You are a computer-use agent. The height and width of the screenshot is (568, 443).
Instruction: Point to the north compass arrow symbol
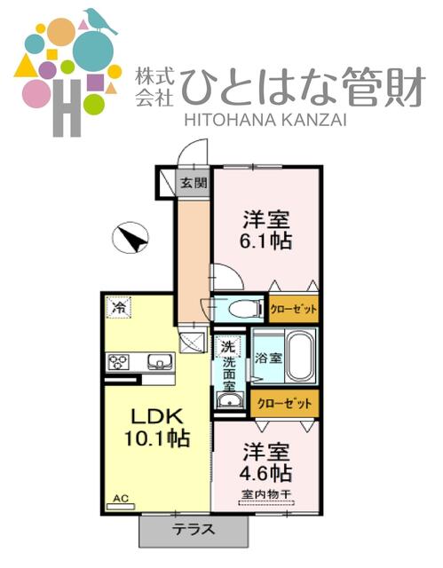pos(131,238)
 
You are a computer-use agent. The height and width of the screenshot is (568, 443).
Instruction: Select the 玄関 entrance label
pos(193,184)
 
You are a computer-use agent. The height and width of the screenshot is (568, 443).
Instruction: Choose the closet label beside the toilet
pos(292,309)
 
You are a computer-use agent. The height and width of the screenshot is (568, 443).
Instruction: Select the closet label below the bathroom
pos(284,403)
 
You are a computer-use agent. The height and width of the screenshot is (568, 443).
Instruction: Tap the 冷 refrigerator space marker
pos(117,308)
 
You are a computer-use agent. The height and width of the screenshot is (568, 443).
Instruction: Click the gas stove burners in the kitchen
pos(118,361)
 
